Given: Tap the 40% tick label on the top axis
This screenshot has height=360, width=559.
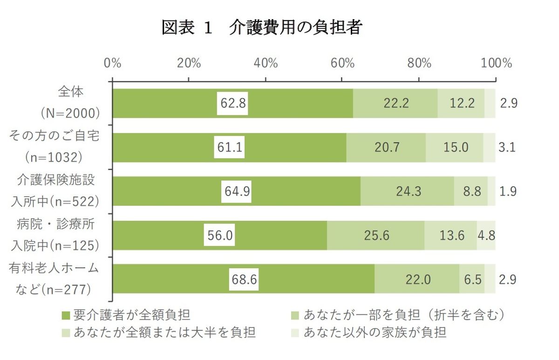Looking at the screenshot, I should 266,63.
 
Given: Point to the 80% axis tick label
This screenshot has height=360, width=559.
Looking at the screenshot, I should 419,63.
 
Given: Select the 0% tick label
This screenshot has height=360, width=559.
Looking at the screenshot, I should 112,63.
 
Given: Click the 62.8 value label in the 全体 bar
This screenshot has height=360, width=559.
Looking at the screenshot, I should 233,103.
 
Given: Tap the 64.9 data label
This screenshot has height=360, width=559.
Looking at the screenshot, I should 236,191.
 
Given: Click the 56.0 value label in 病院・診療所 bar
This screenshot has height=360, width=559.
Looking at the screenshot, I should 220,235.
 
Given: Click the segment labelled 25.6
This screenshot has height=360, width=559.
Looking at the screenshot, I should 377,235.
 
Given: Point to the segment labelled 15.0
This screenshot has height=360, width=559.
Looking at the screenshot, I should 456,147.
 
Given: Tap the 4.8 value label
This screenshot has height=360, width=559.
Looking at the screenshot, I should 486,235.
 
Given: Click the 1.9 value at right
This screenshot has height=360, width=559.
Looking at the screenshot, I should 508,191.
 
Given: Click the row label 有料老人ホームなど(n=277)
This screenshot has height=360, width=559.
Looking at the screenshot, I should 53,278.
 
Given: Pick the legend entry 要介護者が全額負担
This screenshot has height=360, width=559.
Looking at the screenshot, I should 126,315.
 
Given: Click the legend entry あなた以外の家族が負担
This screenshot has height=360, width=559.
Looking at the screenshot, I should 369,333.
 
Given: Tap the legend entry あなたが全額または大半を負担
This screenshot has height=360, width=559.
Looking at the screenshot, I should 159,333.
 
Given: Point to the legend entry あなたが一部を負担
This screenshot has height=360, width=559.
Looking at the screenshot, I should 398,315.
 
